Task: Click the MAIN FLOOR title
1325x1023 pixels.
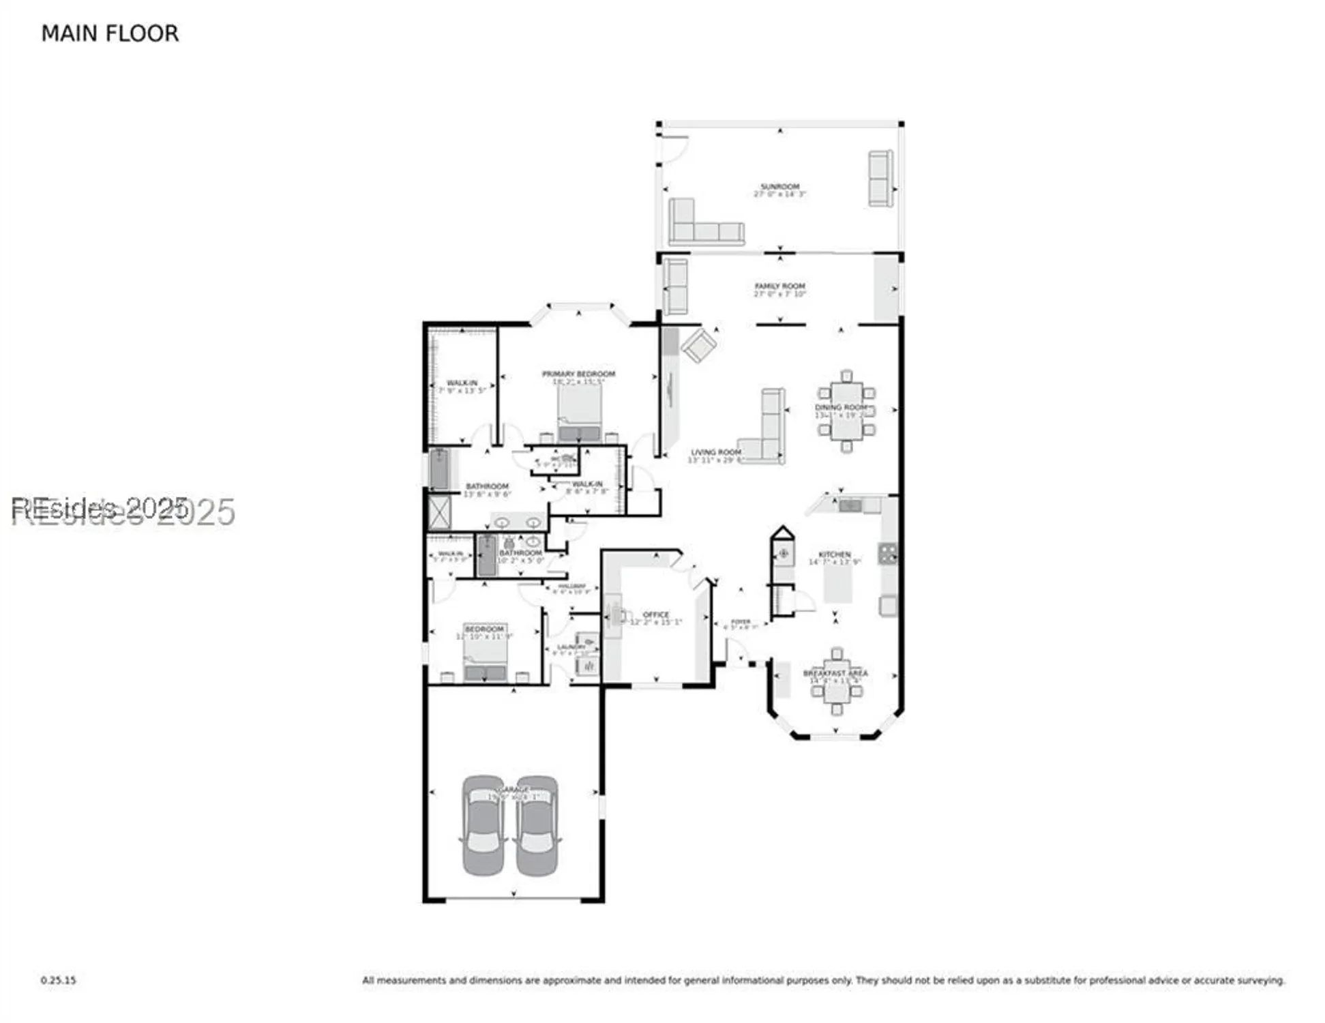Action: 110,33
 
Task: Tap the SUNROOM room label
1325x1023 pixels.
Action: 779,187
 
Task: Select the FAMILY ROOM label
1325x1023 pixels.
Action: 779,286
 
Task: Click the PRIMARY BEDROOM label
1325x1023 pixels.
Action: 578,374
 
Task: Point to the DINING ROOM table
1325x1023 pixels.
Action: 846,412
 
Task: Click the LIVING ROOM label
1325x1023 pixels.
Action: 715,452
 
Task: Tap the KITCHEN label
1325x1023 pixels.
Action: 834,554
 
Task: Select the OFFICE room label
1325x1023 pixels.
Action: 655,614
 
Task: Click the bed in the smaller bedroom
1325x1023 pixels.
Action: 485,660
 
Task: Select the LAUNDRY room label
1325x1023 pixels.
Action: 571,647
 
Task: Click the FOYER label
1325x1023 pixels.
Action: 741,621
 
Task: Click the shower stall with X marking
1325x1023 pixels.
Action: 439,512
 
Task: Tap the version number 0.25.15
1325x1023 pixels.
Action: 58,980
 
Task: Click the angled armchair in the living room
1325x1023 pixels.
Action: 699,345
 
